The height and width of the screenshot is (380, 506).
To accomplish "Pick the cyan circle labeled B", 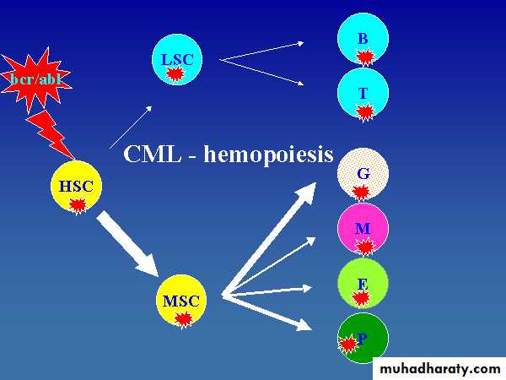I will point(363,40).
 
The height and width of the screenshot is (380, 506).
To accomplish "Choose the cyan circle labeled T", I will point(363,93).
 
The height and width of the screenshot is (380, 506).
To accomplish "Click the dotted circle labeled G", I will point(363,175).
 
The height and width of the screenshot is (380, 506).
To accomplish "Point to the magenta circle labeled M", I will point(363,229).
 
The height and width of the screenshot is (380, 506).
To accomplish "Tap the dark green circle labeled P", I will point(363,338).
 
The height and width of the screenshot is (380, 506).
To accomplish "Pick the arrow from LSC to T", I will point(261,71).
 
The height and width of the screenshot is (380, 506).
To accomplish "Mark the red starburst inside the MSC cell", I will point(183,318).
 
